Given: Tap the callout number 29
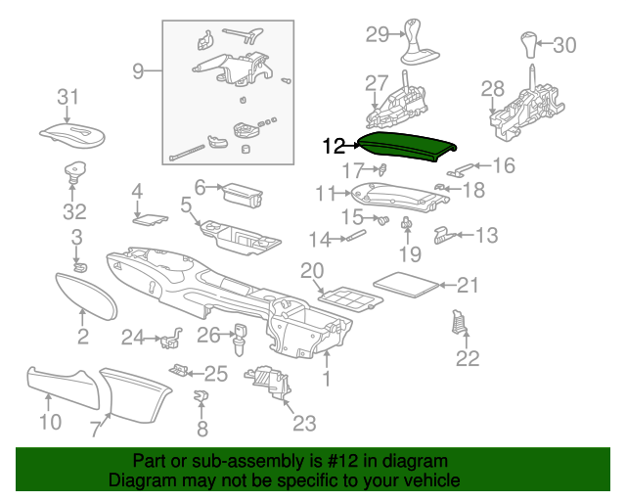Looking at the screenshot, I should tap(378, 35).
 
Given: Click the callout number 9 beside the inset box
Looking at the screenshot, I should tap(139, 70).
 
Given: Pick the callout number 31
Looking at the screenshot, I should tap(67, 96).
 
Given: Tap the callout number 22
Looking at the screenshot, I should tap(468, 358).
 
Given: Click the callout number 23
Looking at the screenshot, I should tap(304, 422).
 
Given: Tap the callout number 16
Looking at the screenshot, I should tap(503, 165).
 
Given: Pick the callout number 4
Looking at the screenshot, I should tap(137, 191).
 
